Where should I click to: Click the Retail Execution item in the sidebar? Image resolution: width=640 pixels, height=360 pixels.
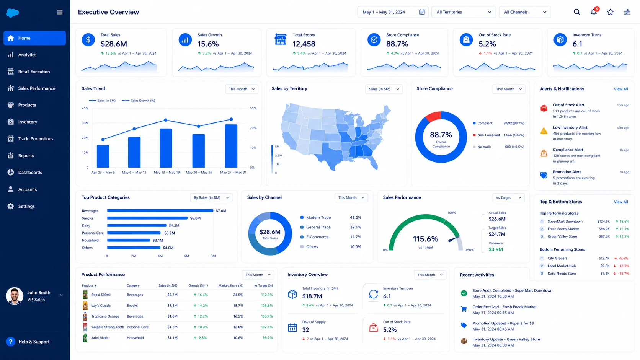[x=34, y=72]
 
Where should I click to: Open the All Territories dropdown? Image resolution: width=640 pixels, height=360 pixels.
[x=464, y=12]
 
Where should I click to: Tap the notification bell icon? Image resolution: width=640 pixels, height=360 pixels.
[x=594, y=12]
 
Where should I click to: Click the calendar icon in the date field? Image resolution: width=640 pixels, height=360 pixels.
[x=422, y=12]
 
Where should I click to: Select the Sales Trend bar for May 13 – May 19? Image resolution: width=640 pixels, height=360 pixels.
[x=166, y=148]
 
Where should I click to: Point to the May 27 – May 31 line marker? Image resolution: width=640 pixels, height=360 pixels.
[x=231, y=119]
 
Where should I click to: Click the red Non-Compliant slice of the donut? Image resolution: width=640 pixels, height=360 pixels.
[x=433, y=116]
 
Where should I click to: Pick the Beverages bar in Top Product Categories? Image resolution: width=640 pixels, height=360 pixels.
[x=160, y=211]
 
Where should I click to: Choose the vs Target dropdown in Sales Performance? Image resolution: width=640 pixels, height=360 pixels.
[x=508, y=197]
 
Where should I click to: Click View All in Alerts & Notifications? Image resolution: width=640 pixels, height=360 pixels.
[x=621, y=89]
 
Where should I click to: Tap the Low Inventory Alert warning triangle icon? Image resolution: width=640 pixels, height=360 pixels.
[x=544, y=131]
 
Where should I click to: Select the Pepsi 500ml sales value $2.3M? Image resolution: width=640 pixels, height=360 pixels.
[x=172, y=295]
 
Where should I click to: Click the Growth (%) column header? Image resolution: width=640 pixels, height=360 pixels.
[x=197, y=285]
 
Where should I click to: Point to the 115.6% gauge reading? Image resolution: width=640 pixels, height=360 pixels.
[x=425, y=239]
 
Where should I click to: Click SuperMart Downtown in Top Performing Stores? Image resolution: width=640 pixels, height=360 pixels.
[x=565, y=221]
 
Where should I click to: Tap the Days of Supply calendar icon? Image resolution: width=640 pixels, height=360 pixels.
[x=292, y=327]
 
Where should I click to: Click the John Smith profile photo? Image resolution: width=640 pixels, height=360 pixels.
[x=14, y=296]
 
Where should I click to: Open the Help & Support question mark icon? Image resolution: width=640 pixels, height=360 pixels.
[x=11, y=342]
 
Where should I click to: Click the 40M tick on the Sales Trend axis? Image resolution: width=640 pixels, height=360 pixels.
[x=85, y=108]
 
